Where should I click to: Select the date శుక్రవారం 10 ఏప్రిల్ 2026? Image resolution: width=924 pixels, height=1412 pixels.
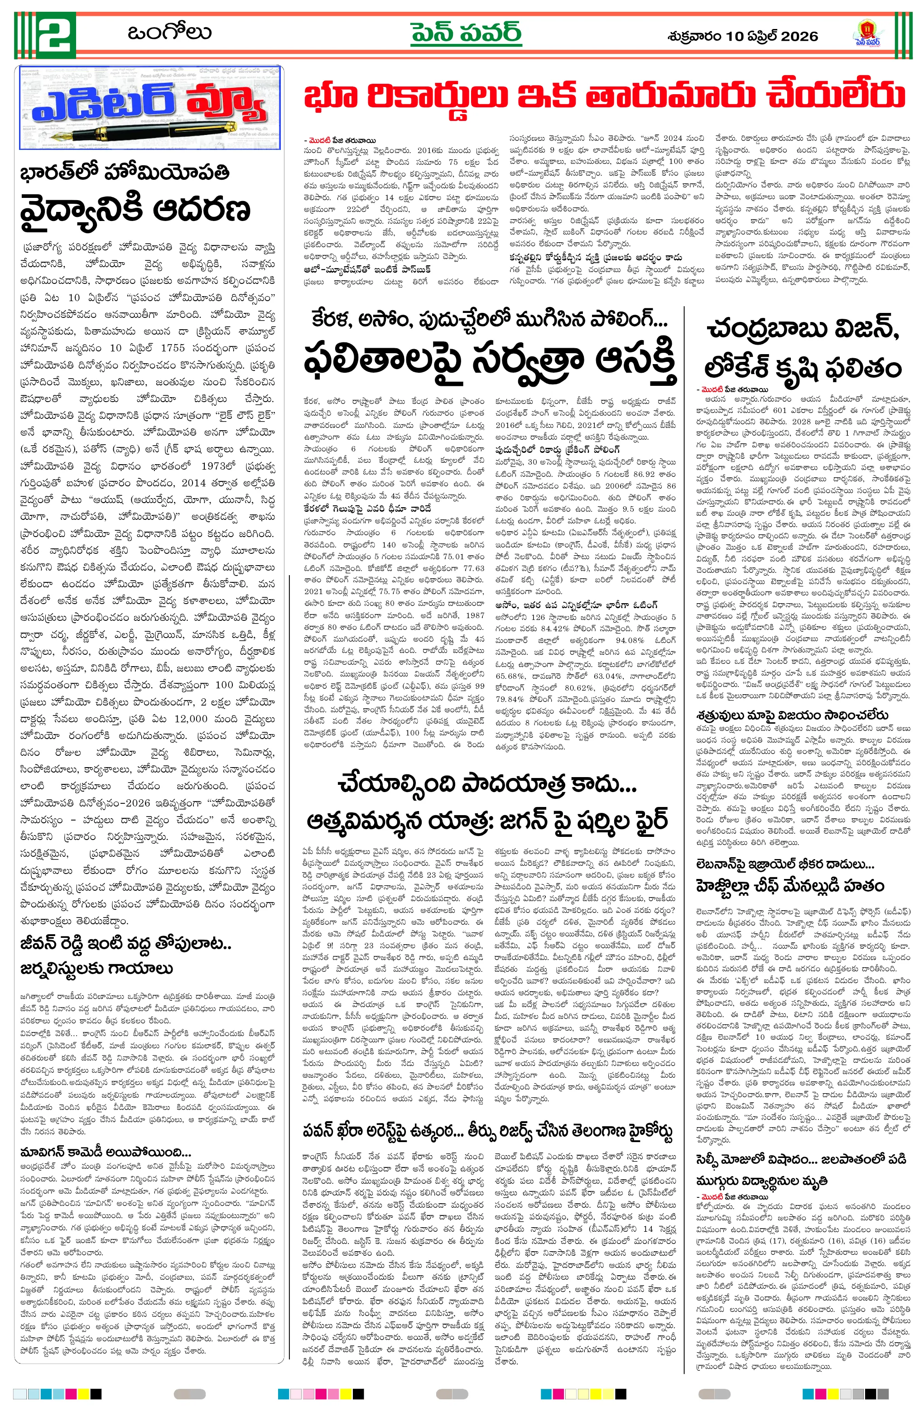coord(742,36)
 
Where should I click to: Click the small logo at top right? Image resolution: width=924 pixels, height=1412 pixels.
coord(866,33)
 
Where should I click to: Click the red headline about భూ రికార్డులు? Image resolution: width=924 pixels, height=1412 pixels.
coord(604,97)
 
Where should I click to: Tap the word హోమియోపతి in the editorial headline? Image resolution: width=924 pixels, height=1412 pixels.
coord(167,173)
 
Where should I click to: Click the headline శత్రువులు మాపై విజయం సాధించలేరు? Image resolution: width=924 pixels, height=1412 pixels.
coord(792,715)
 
